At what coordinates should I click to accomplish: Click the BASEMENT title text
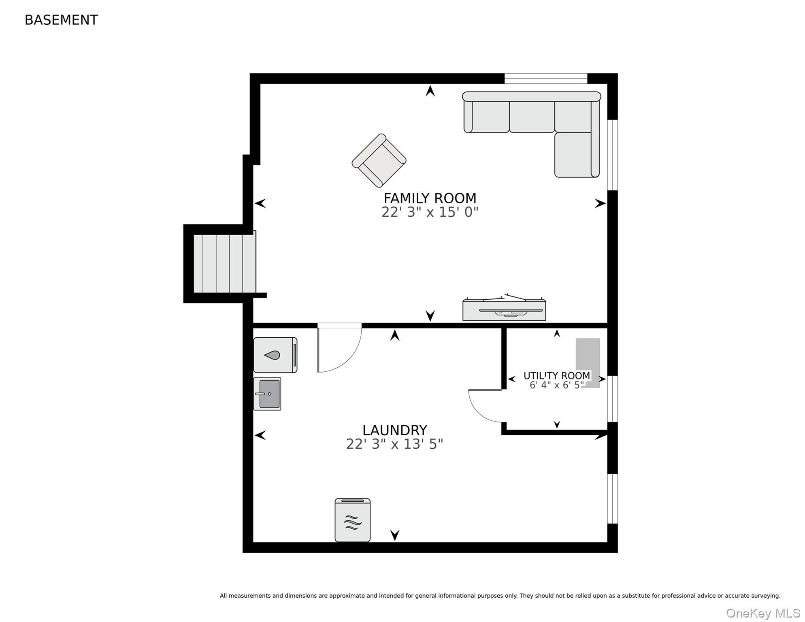(x=61, y=20)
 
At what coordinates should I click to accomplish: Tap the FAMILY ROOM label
(x=430, y=198)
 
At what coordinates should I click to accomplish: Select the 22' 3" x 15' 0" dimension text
(x=430, y=212)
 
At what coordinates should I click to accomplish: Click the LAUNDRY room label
(x=394, y=430)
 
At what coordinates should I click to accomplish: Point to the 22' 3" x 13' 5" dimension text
(x=394, y=444)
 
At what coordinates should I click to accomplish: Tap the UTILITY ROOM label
(x=557, y=375)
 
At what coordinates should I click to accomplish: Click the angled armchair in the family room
(x=379, y=160)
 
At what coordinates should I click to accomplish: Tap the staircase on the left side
(x=225, y=263)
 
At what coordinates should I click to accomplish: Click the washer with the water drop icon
(x=275, y=355)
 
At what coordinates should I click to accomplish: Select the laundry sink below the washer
(x=267, y=394)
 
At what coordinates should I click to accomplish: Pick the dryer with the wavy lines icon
(x=353, y=520)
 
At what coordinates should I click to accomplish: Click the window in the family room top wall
(x=545, y=79)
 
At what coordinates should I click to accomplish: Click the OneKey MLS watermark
(x=763, y=613)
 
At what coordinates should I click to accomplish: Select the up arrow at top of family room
(x=430, y=90)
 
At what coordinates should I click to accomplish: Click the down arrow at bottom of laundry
(x=395, y=535)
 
